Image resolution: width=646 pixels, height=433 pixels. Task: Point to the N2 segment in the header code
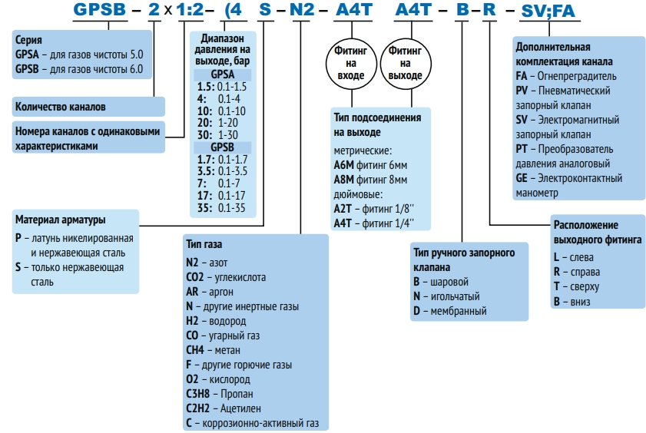(x=302, y=11)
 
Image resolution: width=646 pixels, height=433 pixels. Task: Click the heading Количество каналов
(x=61, y=106)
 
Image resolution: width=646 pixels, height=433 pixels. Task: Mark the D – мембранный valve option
(x=450, y=311)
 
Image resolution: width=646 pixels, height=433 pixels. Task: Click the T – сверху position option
(x=576, y=286)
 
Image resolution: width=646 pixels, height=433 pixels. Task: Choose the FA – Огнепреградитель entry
(x=566, y=76)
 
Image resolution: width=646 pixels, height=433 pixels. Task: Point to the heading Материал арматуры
(x=60, y=220)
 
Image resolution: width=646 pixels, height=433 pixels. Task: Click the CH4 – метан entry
(x=214, y=350)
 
